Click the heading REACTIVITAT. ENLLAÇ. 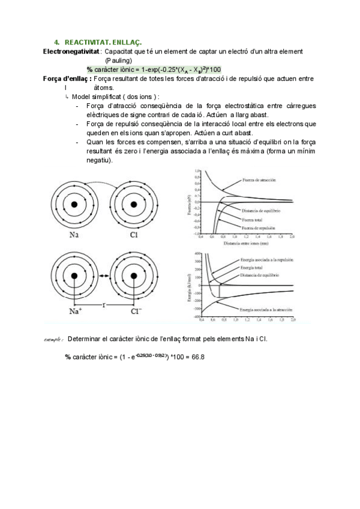tap(103, 42)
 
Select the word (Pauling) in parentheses tap(119, 61)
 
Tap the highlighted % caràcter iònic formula tap(153, 70)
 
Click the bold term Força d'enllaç tap(67, 79)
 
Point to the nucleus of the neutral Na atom tap(74, 205)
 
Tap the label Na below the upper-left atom tap(74, 235)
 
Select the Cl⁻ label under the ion tap(136, 312)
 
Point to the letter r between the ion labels tap(104, 306)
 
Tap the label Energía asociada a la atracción tap(266, 309)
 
